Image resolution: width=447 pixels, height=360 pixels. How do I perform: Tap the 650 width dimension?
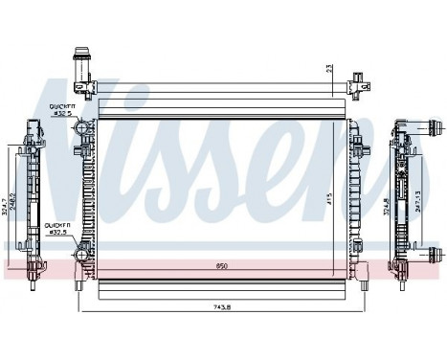click(222, 265)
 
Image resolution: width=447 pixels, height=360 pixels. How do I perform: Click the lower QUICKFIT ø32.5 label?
click(57, 227)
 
